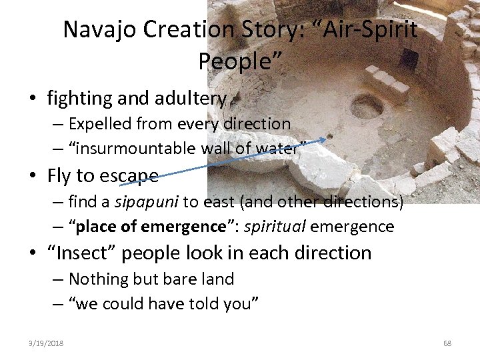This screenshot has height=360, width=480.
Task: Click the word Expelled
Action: click(x=100, y=124)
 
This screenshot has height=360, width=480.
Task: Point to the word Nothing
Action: click(x=100, y=279)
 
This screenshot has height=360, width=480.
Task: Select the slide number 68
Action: click(x=447, y=343)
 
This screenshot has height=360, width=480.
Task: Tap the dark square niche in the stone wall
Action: click(x=409, y=60)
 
